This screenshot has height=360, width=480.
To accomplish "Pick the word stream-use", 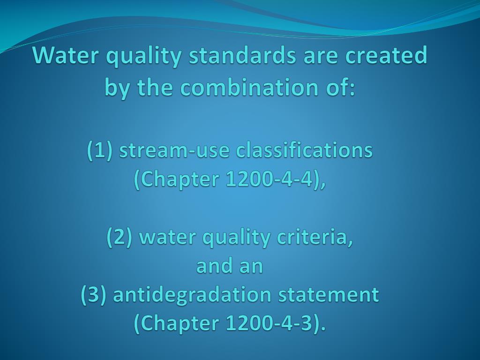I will click(x=174, y=151).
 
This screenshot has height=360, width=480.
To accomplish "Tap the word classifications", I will click(x=304, y=151).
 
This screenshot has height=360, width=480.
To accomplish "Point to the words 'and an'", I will click(x=230, y=266).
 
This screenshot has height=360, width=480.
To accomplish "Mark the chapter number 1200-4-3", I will click(x=269, y=323).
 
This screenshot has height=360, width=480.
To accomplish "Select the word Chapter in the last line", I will click(x=176, y=323).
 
